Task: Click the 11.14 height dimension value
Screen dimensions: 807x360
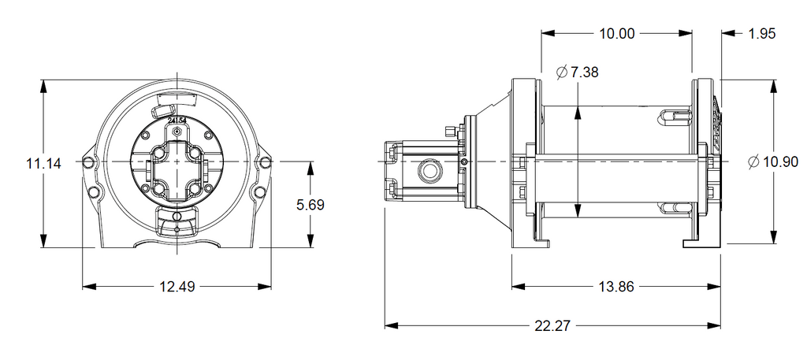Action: (44, 164)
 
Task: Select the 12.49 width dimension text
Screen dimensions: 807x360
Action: (177, 287)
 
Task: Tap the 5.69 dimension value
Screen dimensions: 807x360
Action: (311, 205)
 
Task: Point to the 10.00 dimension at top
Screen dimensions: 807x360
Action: (616, 34)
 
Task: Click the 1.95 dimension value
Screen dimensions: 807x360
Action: (762, 34)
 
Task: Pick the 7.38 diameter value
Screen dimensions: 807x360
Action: (585, 72)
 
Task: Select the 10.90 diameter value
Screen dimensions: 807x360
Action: (780, 162)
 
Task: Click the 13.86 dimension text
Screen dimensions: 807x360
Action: (616, 287)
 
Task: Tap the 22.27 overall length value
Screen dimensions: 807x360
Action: (552, 326)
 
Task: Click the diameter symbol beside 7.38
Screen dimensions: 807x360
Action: (561, 72)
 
